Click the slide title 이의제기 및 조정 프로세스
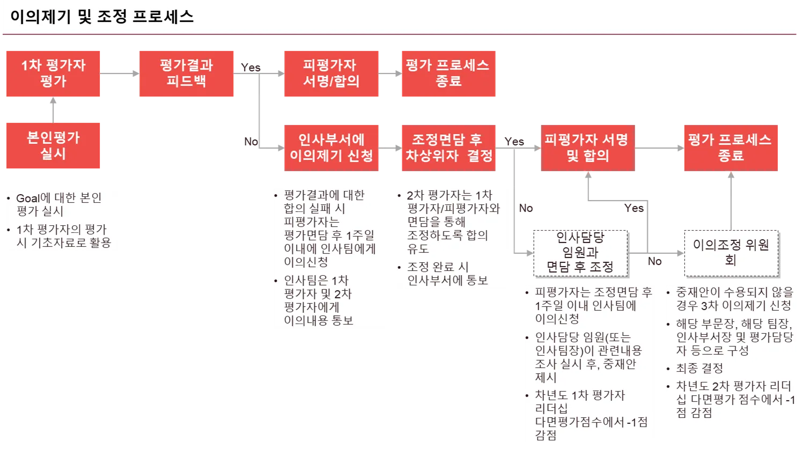(102, 17)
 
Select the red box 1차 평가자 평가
(53, 73)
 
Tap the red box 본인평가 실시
(53, 146)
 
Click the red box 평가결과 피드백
(186, 73)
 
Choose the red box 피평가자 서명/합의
(331, 73)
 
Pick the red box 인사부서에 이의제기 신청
(331, 148)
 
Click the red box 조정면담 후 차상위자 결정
(448, 148)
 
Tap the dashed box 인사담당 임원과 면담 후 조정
(580, 252)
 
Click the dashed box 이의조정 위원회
(731, 252)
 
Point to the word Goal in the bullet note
(28, 198)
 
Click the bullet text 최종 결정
(699, 369)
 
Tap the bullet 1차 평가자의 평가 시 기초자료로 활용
(63, 236)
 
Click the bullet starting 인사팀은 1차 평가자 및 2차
(318, 300)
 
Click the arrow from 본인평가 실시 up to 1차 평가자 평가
(53, 110)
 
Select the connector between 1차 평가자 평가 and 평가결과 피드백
(120, 73)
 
